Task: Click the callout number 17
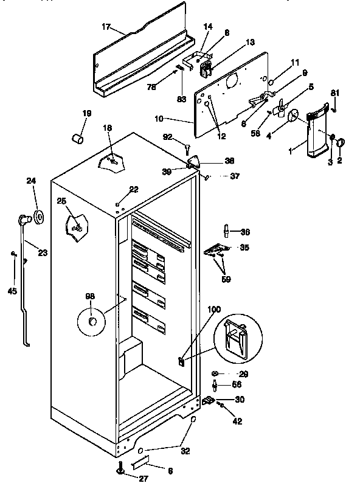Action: pos(106,27)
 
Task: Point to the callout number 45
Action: pos(12,291)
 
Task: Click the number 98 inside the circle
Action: pos(90,296)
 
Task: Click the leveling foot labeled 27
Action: pos(119,469)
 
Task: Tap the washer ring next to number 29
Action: pos(215,373)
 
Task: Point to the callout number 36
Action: pos(245,232)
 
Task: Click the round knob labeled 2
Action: pos(341,143)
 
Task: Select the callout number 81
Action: pos(333,92)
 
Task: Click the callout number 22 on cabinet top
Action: pos(133,189)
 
